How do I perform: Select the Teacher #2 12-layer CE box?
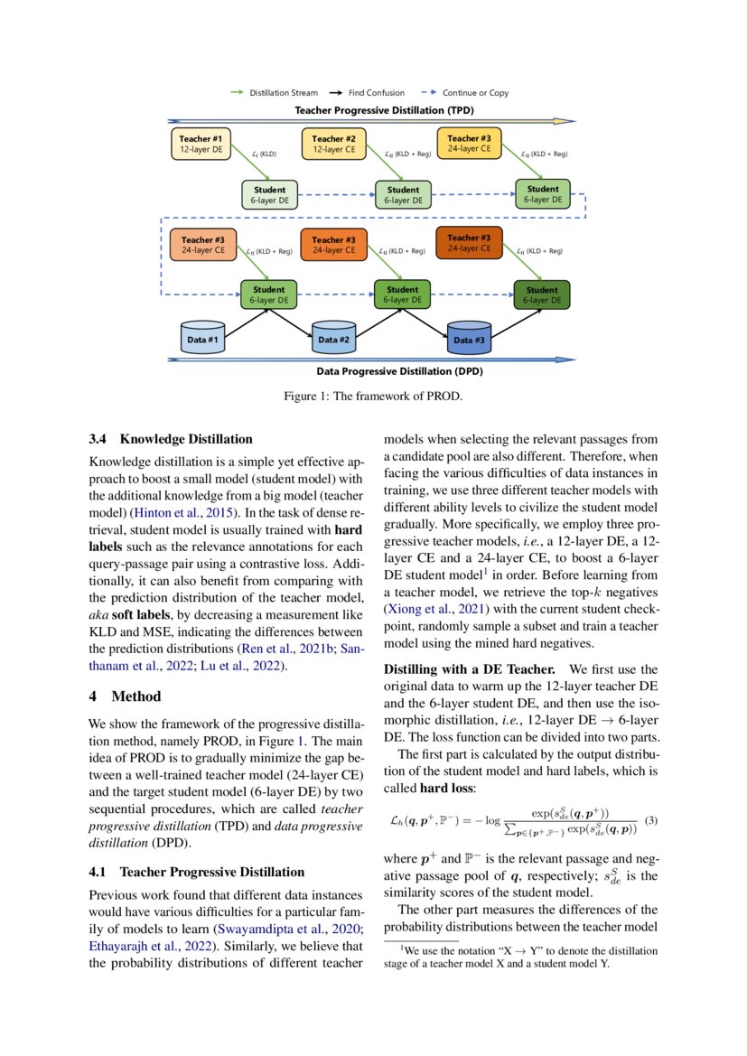pyautogui.click(x=333, y=144)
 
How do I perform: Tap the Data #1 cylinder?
pyautogui.click(x=202, y=339)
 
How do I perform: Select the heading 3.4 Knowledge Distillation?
pyautogui.click(x=171, y=439)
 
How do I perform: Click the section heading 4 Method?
pyautogui.click(x=125, y=696)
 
